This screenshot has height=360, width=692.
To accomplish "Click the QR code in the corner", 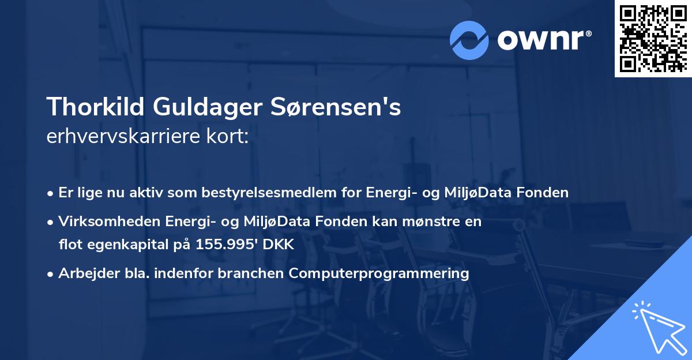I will [653, 38].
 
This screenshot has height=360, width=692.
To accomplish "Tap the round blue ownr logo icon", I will [469, 40].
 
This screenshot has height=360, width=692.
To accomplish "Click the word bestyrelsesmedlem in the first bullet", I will [264, 193].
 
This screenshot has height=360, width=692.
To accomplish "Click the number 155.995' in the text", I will [228, 245].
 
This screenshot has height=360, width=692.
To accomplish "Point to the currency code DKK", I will [279, 245].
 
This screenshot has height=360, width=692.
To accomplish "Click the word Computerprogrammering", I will [379, 273].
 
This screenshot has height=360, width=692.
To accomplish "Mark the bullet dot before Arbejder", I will [51, 273].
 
